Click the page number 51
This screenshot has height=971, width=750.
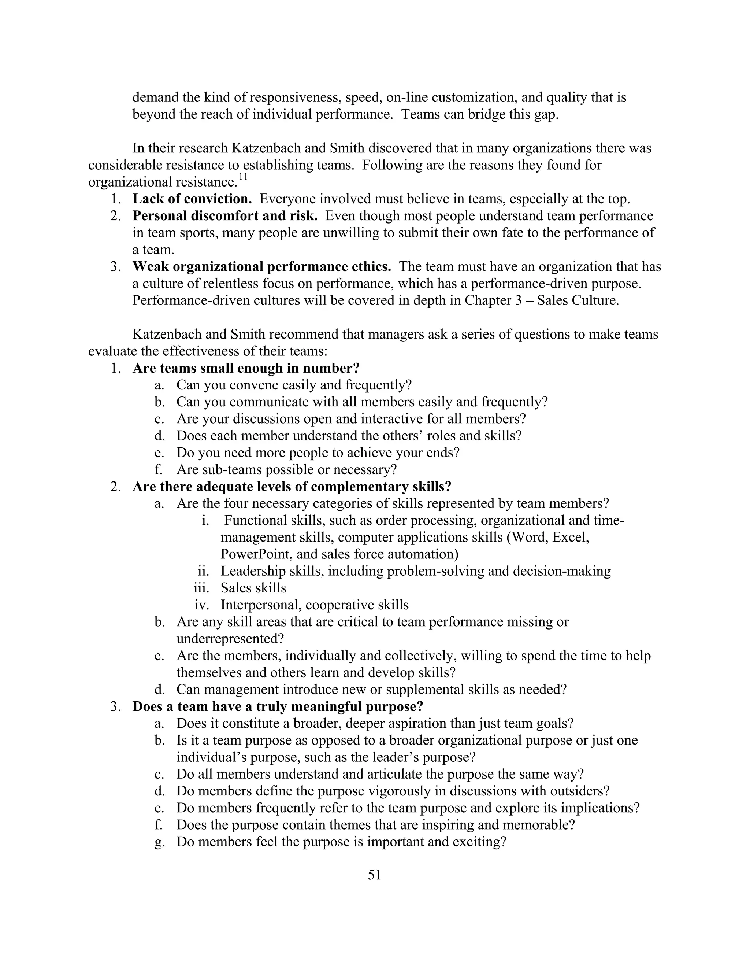[x=375, y=875]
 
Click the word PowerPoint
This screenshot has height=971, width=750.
[x=256, y=554]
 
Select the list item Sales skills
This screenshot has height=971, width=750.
[x=253, y=588]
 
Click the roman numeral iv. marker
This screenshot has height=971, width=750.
[x=202, y=605]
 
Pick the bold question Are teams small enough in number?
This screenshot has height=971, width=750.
[x=246, y=368]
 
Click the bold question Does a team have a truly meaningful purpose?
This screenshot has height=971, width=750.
[x=278, y=706]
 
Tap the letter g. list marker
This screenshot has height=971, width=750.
[x=159, y=842]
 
